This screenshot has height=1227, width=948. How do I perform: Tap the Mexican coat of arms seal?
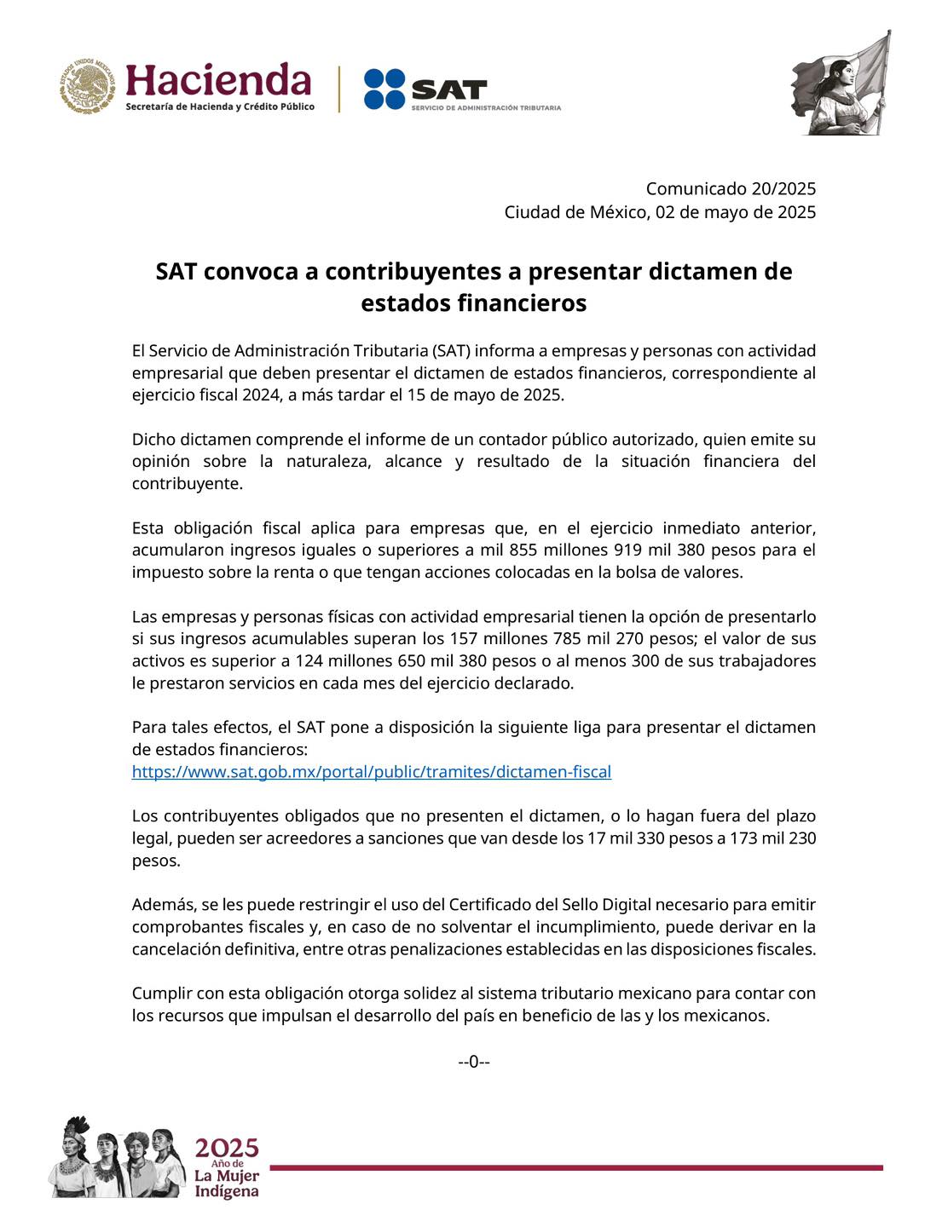pyautogui.click(x=87, y=87)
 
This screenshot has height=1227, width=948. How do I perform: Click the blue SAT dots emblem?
pyautogui.click(x=384, y=89)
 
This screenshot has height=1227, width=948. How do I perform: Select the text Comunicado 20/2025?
pyautogui.click(x=730, y=188)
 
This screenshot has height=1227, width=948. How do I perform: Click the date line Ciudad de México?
pyautogui.click(x=660, y=212)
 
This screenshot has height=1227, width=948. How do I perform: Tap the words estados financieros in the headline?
pyautogui.click(x=473, y=303)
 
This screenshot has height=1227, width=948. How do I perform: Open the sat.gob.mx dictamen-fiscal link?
pyautogui.click(x=371, y=772)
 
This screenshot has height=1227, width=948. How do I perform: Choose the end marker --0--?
pyautogui.click(x=473, y=1062)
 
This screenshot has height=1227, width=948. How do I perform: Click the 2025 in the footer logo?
pyautogui.click(x=227, y=1148)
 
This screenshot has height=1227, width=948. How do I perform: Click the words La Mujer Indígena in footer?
pyautogui.click(x=227, y=1184)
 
